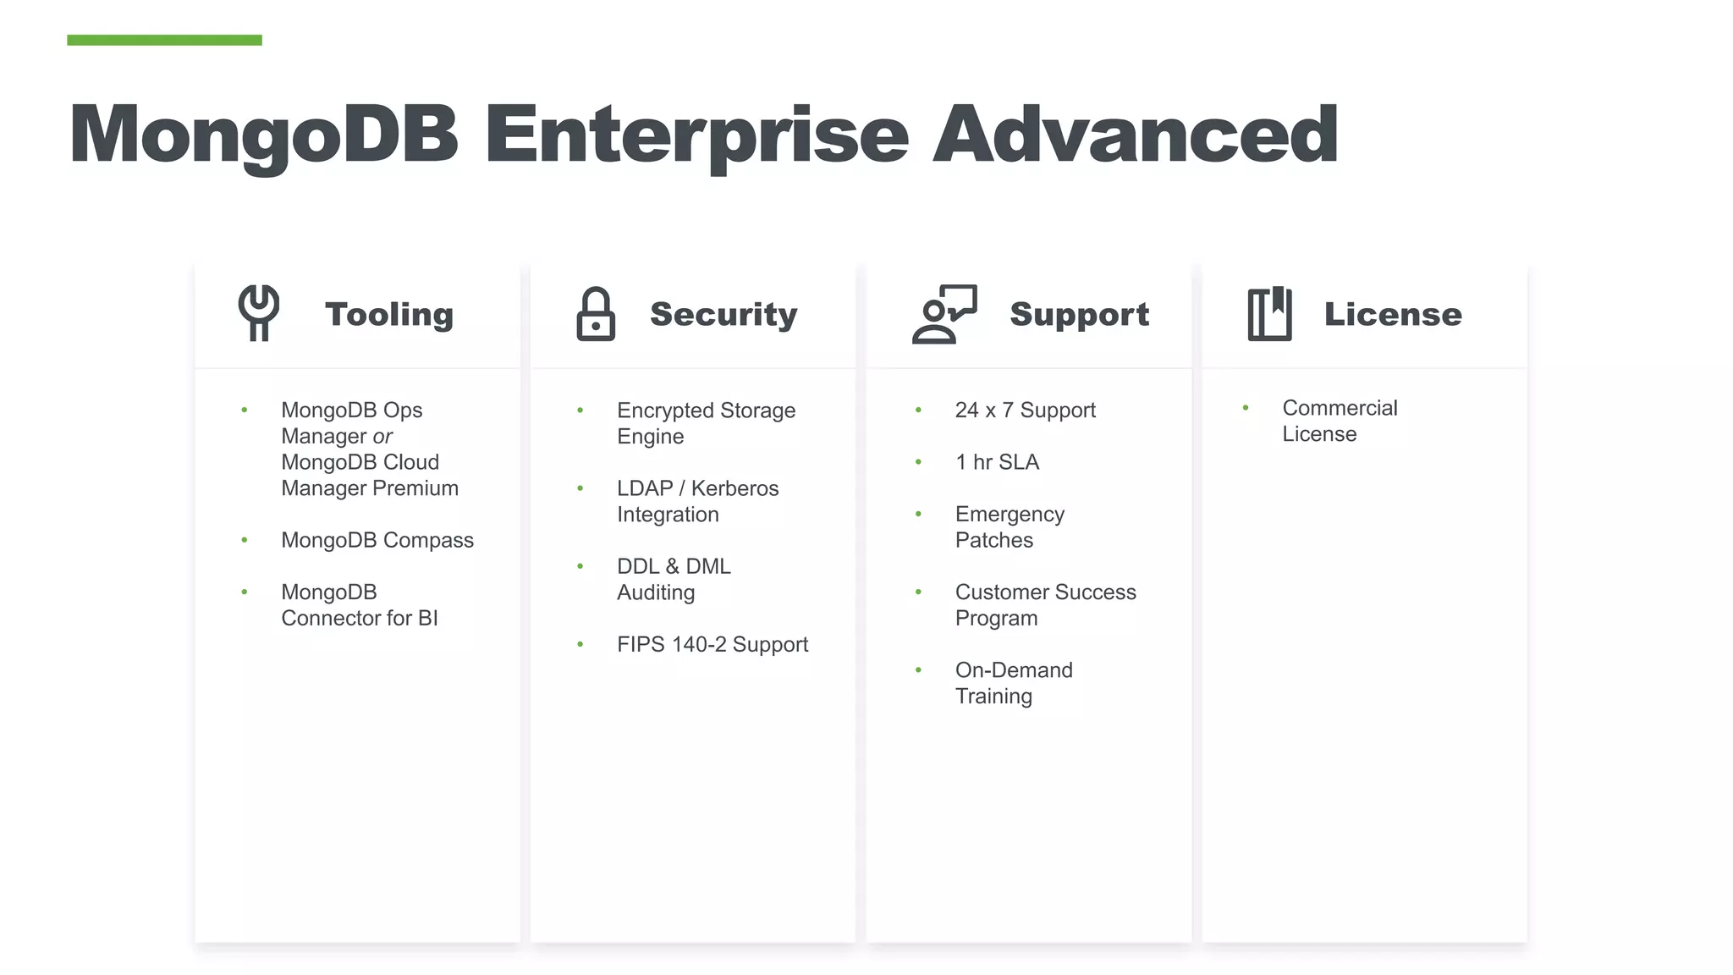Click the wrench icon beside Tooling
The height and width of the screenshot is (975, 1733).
pos(259,313)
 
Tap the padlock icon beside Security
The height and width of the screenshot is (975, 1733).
pos(596,314)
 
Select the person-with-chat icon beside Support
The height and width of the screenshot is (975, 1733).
pos(944,314)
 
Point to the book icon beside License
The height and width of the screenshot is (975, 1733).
pos(1269,314)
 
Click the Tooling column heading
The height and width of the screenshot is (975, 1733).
pos(389,314)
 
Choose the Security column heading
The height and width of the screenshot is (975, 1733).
pos(723,314)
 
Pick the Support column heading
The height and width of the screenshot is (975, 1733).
pos(1079,314)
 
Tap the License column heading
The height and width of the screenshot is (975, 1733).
pos(1393,314)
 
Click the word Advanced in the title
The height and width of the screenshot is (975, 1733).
pos(1136,134)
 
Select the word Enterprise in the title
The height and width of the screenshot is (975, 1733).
pos(696,134)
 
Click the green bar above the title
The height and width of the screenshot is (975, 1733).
pos(164,40)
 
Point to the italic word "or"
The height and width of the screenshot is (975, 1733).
pos(382,437)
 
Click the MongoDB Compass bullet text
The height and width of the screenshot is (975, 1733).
pos(377,540)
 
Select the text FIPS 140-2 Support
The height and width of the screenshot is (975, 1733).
pos(712,645)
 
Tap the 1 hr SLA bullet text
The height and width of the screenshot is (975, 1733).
pos(997,462)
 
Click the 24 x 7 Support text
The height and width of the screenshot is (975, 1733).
pos(1025,410)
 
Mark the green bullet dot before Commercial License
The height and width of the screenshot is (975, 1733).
pos(1246,408)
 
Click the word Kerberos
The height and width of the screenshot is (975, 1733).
pos(734,488)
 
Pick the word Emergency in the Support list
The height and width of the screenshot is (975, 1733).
pos(1010,515)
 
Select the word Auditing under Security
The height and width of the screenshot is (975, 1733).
pos(656,592)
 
